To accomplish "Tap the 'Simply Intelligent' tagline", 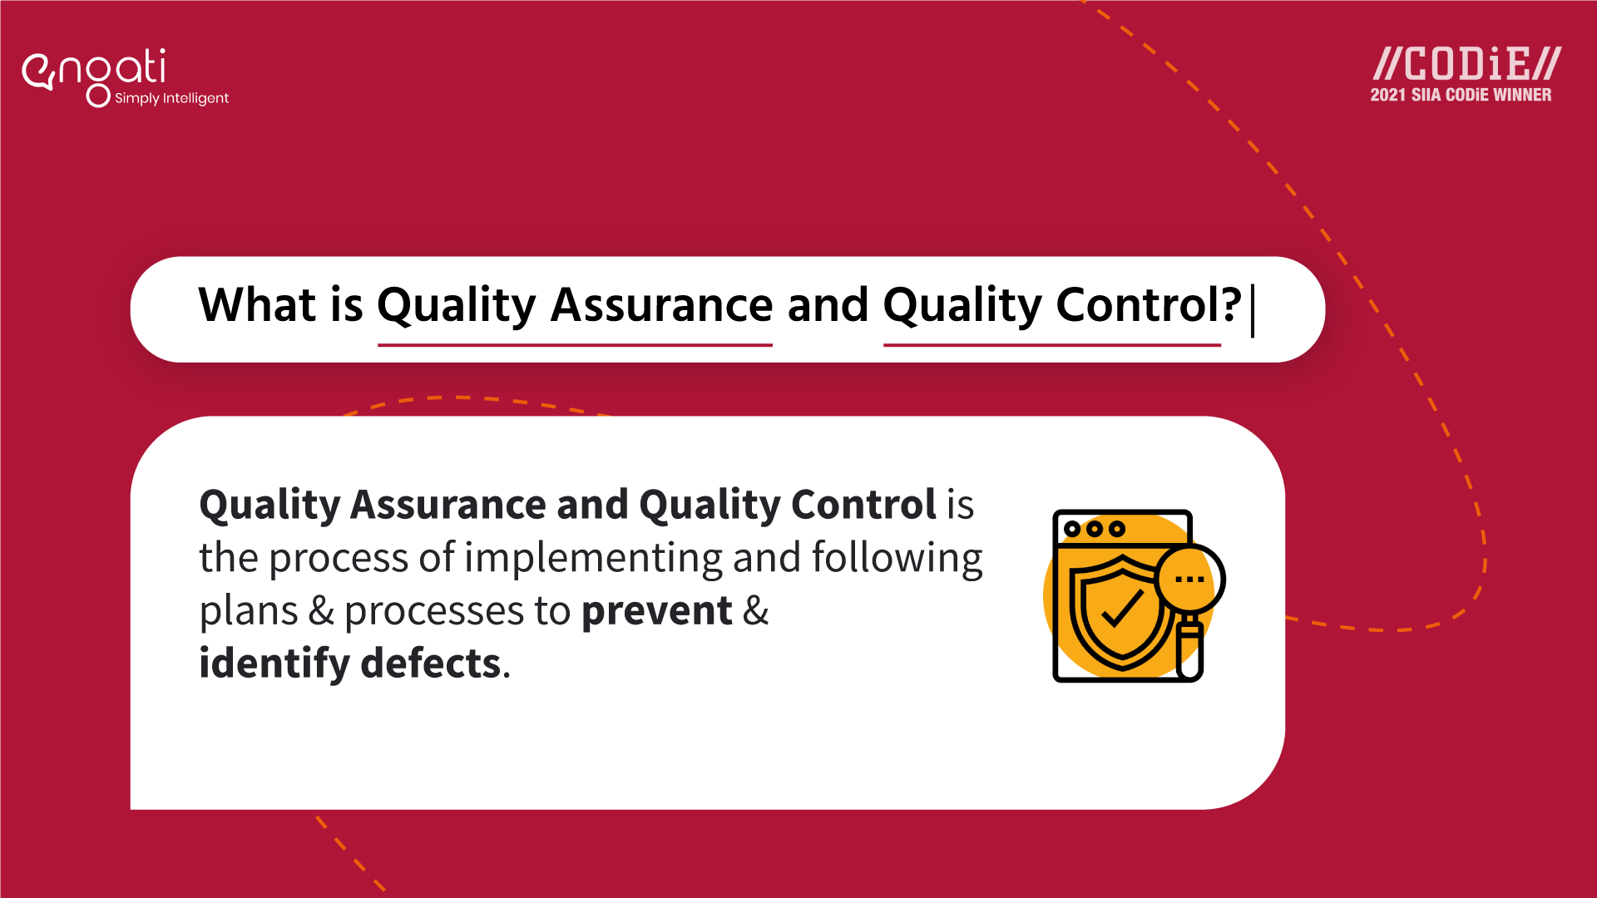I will coord(171,98).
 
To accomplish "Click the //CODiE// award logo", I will coord(1466,64).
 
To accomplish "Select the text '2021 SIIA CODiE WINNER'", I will coord(1461,95).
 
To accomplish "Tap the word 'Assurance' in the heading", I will coord(661,304).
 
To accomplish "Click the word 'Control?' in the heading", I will coord(1148,304).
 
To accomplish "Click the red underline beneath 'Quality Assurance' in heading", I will coord(575,344).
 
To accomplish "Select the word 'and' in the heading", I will coord(828,304).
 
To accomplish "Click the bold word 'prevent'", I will coord(656,611).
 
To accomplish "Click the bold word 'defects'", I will coord(430,664).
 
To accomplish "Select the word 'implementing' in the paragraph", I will coord(592,558).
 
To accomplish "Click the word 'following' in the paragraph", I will coord(897,558).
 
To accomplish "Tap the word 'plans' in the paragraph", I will coord(248,611).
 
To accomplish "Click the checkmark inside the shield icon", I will coord(1122,610).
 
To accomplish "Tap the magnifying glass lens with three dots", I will coord(1189,580).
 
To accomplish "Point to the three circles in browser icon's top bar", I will coord(1095,529).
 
